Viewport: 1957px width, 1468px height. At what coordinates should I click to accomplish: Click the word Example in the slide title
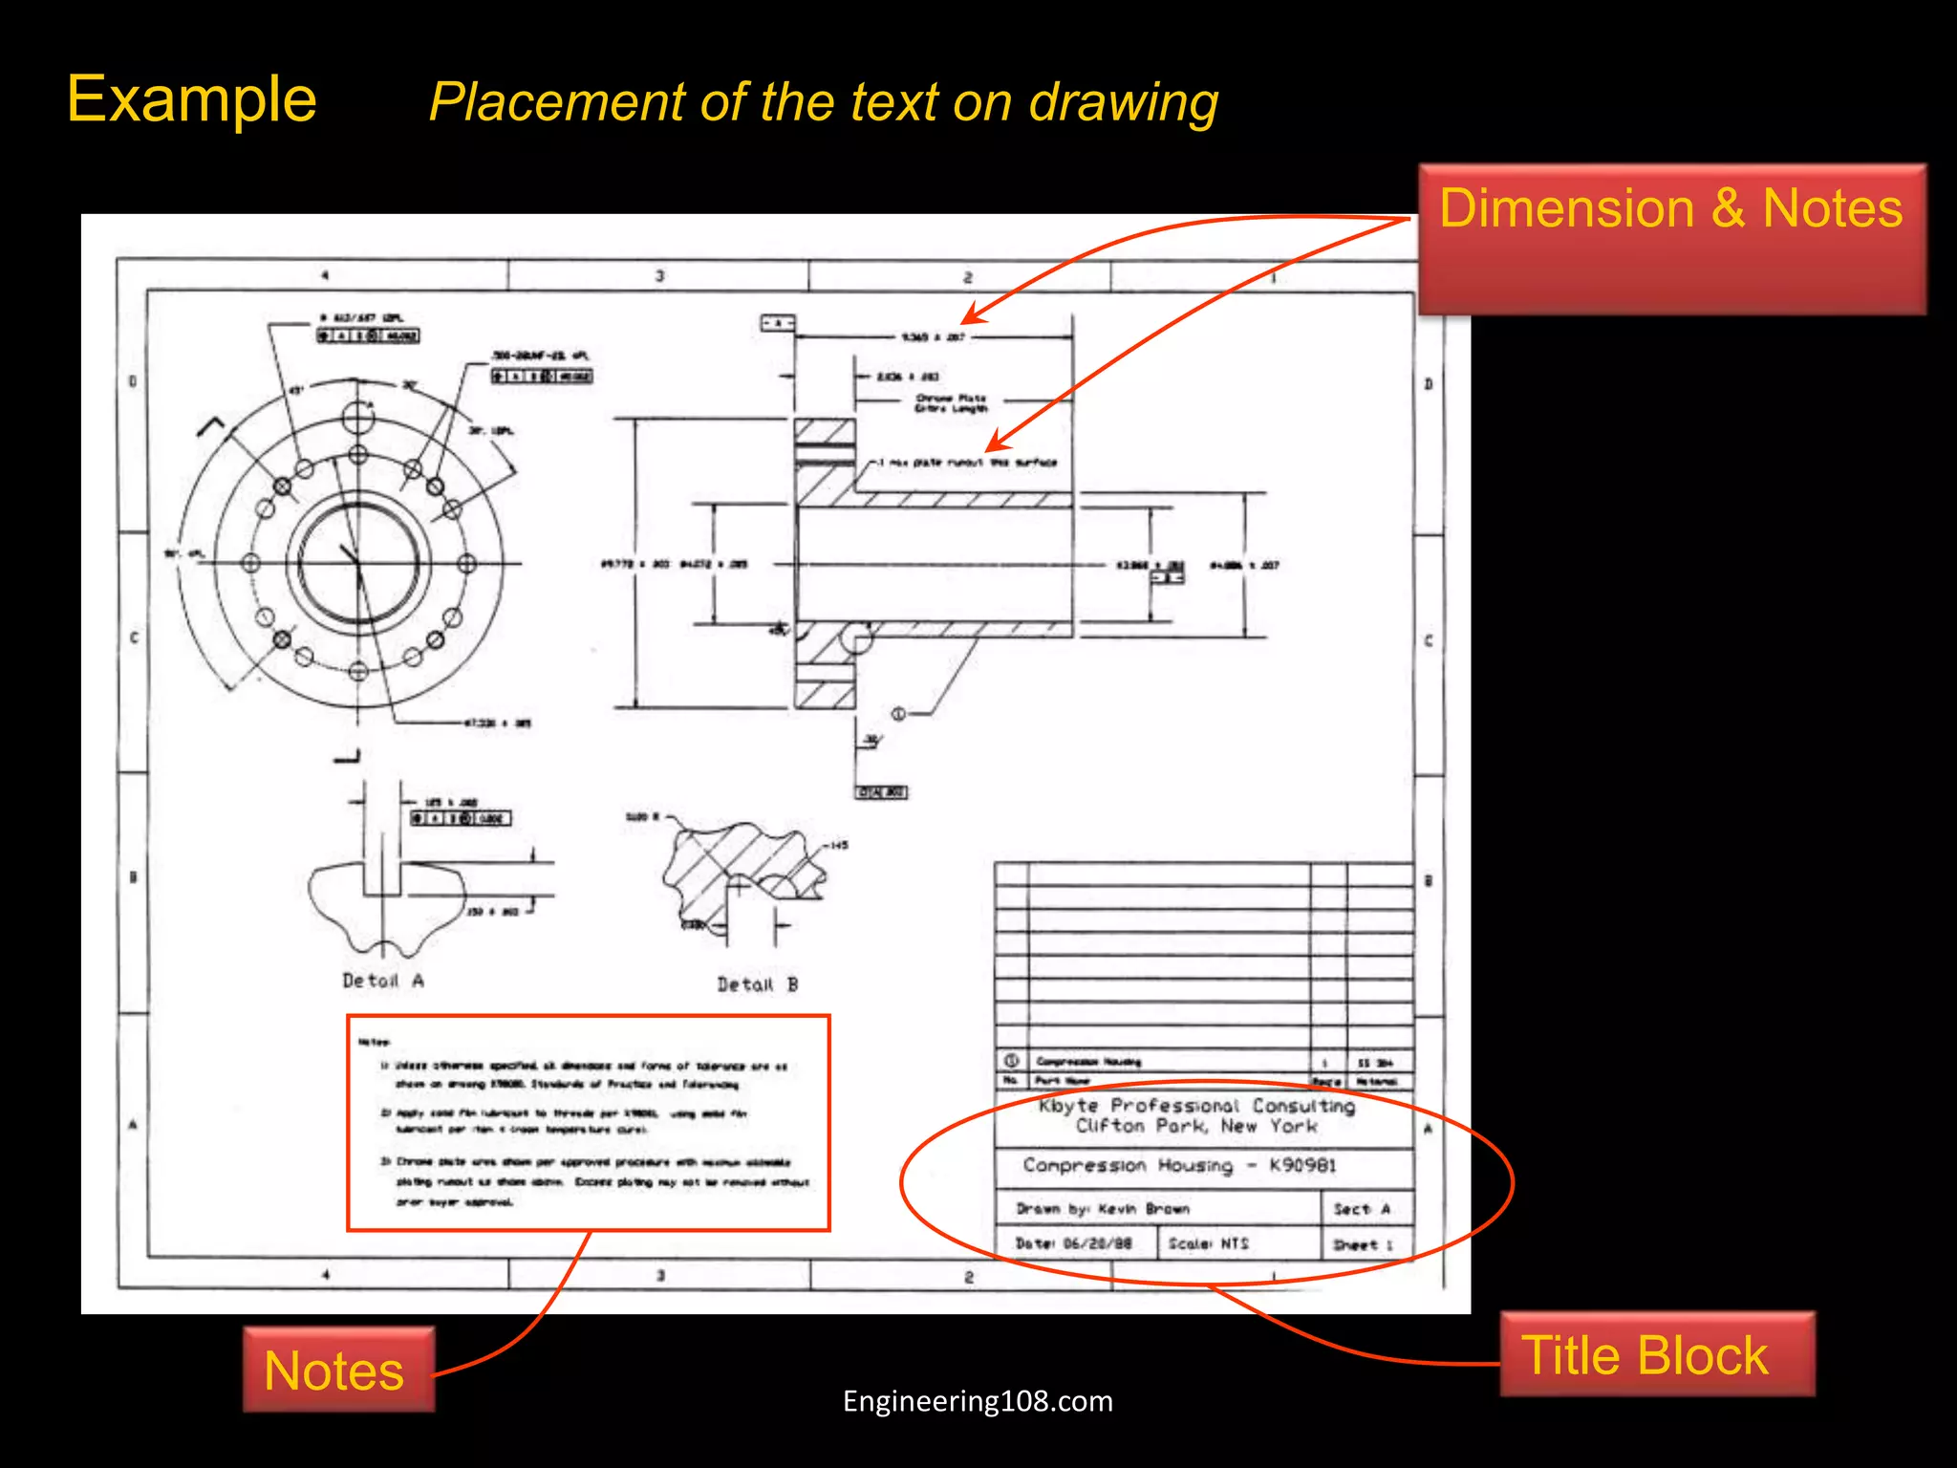pyautogui.click(x=191, y=99)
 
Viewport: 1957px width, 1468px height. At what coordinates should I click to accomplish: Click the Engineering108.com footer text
pyautogui.click(x=978, y=1401)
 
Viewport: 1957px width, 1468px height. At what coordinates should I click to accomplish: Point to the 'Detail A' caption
pyautogui.click(x=383, y=981)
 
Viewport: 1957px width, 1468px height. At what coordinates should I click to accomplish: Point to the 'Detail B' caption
pyautogui.click(x=758, y=984)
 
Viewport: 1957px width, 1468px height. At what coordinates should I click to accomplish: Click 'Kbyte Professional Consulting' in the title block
pyautogui.click(x=1196, y=1106)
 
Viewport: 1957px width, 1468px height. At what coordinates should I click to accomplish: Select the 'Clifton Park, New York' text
pyautogui.click(x=1196, y=1127)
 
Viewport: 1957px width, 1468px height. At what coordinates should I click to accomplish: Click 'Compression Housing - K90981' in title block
pyautogui.click(x=1179, y=1165)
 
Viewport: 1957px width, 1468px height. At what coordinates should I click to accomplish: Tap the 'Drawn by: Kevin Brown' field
pyautogui.click(x=1103, y=1209)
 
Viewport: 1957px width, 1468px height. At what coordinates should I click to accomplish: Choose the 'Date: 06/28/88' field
pyautogui.click(x=1073, y=1243)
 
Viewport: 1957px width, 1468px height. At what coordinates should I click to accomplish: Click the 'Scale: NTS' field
pyautogui.click(x=1209, y=1243)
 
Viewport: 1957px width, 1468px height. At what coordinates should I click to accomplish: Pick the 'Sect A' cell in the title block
pyautogui.click(x=1362, y=1209)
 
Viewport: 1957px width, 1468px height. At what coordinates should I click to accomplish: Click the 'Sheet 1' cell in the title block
pyautogui.click(x=1363, y=1244)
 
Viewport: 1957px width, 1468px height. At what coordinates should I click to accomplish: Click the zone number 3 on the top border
pyautogui.click(x=659, y=276)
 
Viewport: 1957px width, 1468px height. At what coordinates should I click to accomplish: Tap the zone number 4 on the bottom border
pyautogui.click(x=326, y=1274)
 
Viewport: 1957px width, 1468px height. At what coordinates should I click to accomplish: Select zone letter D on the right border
pyautogui.click(x=1429, y=384)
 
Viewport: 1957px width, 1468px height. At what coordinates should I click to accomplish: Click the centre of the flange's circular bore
pyautogui.click(x=358, y=563)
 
